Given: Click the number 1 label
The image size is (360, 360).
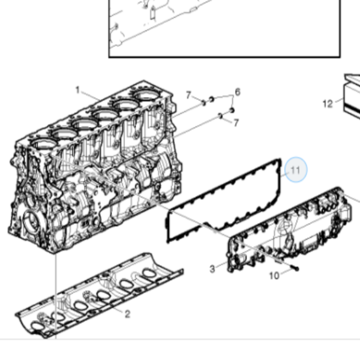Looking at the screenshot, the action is (77, 90).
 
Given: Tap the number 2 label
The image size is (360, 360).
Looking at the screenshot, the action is (128, 314).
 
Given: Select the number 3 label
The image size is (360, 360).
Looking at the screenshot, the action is (212, 269).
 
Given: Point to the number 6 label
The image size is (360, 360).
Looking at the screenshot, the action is (238, 92).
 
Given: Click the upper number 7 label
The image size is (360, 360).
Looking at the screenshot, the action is (188, 95).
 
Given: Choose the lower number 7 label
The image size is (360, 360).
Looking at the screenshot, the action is (236, 122).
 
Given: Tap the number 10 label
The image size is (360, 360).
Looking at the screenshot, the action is (274, 275).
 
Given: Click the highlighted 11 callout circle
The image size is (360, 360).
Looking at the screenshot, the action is (296, 170).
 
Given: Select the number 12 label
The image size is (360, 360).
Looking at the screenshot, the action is (328, 104).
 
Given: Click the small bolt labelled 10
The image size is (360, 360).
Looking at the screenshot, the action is (295, 268).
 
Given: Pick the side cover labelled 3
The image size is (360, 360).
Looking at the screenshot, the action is (289, 230).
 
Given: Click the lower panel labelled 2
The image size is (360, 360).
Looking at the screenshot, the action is (99, 296).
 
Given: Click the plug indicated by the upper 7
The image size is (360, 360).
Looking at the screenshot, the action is (203, 103).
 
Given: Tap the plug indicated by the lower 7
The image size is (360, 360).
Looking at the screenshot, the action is (221, 116).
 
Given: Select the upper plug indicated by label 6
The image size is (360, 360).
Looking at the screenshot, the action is (211, 100).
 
